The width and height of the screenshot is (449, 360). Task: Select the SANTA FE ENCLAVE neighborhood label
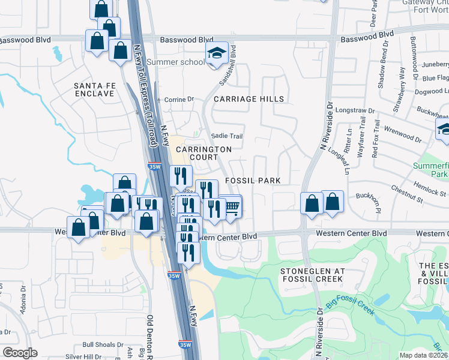pos(94,90)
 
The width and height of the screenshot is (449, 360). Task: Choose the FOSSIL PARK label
pos(253,180)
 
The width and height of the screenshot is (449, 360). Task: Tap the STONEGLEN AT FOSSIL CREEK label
pos(312,275)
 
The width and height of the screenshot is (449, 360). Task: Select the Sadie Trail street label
pos(228,136)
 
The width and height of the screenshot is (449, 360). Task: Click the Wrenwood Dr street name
pos(403,134)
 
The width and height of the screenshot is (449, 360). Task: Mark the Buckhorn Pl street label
pos(369,203)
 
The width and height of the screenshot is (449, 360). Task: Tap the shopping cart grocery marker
pos(231,208)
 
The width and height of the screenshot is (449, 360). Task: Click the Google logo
pos(20,353)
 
